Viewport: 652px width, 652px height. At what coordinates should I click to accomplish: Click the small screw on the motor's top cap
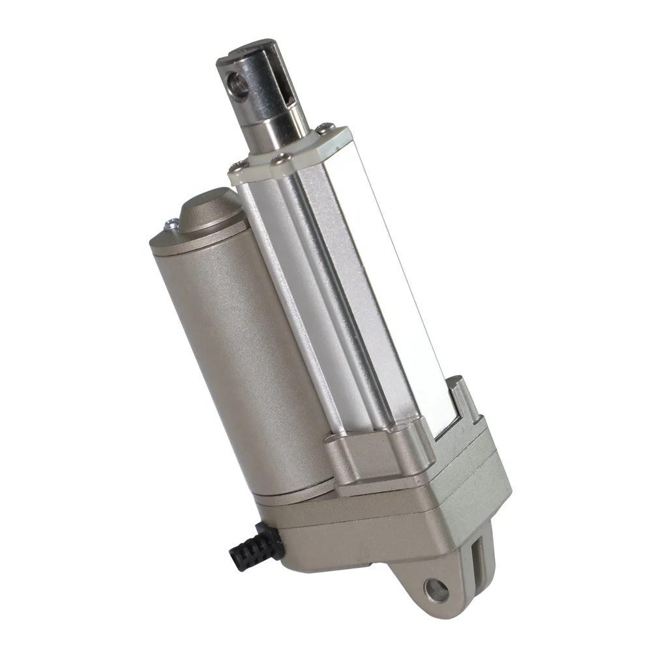click(171, 225)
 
